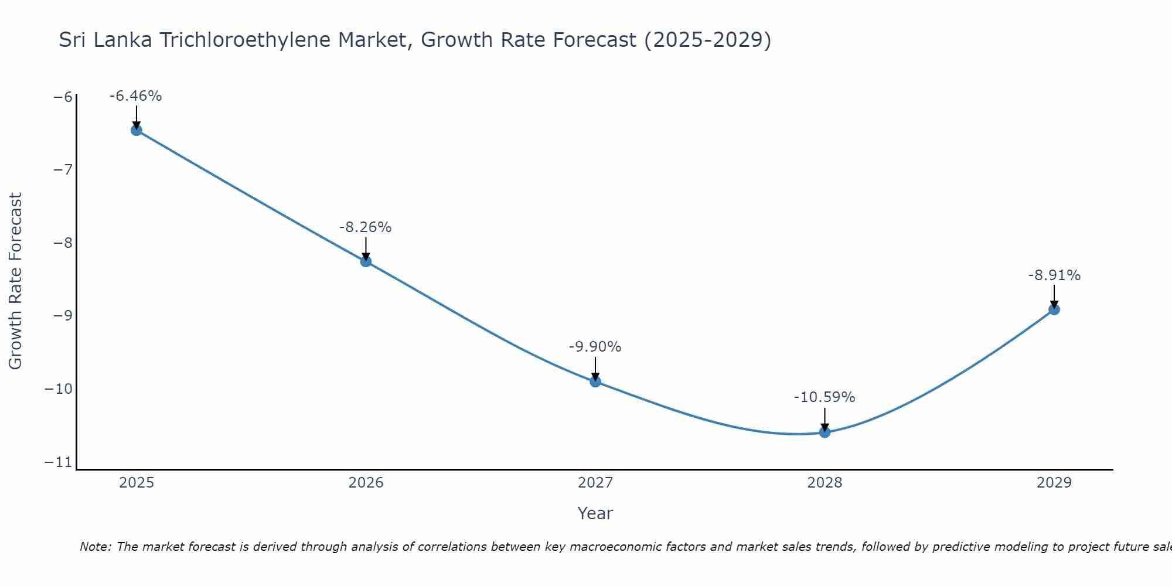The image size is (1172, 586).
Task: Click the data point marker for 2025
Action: (x=137, y=130)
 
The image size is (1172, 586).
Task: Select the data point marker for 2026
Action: (x=366, y=261)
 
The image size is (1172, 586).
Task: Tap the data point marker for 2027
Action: (x=595, y=381)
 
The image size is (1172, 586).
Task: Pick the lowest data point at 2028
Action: (x=825, y=432)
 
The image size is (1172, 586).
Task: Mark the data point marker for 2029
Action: (x=1054, y=309)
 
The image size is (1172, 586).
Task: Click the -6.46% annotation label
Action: (x=135, y=96)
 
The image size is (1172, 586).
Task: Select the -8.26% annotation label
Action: (x=365, y=227)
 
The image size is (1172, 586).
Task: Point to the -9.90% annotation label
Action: (x=595, y=347)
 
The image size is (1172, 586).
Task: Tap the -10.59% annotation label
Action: (x=825, y=397)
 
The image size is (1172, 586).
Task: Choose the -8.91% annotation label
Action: (x=1054, y=275)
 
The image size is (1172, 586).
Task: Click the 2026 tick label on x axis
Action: (x=366, y=483)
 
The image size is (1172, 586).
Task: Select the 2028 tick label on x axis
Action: (x=825, y=483)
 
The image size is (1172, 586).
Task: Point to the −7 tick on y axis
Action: (x=63, y=170)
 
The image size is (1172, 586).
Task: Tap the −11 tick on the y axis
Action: (x=59, y=462)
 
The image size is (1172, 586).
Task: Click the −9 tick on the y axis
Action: (x=63, y=316)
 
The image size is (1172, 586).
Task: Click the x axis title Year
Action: (x=595, y=513)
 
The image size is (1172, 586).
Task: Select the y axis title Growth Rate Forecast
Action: (x=16, y=281)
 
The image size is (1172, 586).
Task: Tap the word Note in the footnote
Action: (x=94, y=547)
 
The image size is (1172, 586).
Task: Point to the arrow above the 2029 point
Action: (x=1054, y=297)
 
